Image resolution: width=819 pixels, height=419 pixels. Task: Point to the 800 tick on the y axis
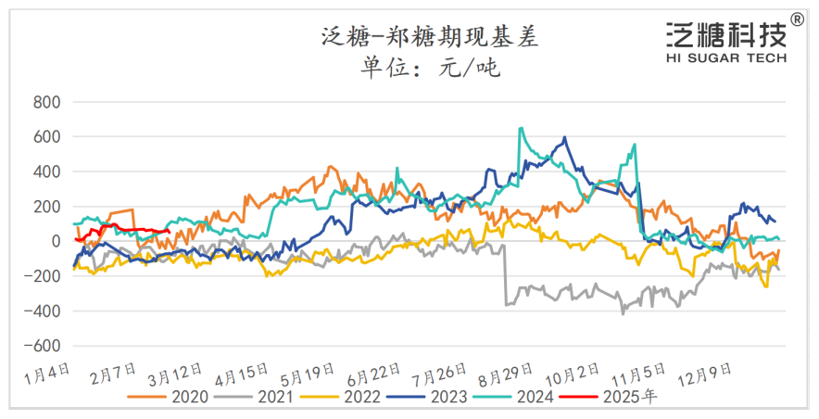[x=46, y=102]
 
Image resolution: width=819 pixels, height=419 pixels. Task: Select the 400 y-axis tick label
[x=46, y=171]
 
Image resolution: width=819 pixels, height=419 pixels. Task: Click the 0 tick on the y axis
[x=57, y=241]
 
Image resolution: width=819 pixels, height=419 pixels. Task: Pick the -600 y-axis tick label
[x=42, y=346]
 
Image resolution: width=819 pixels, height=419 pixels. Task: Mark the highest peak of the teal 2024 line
[x=521, y=129]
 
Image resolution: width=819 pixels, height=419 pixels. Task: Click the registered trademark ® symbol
[x=798, y=19]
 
